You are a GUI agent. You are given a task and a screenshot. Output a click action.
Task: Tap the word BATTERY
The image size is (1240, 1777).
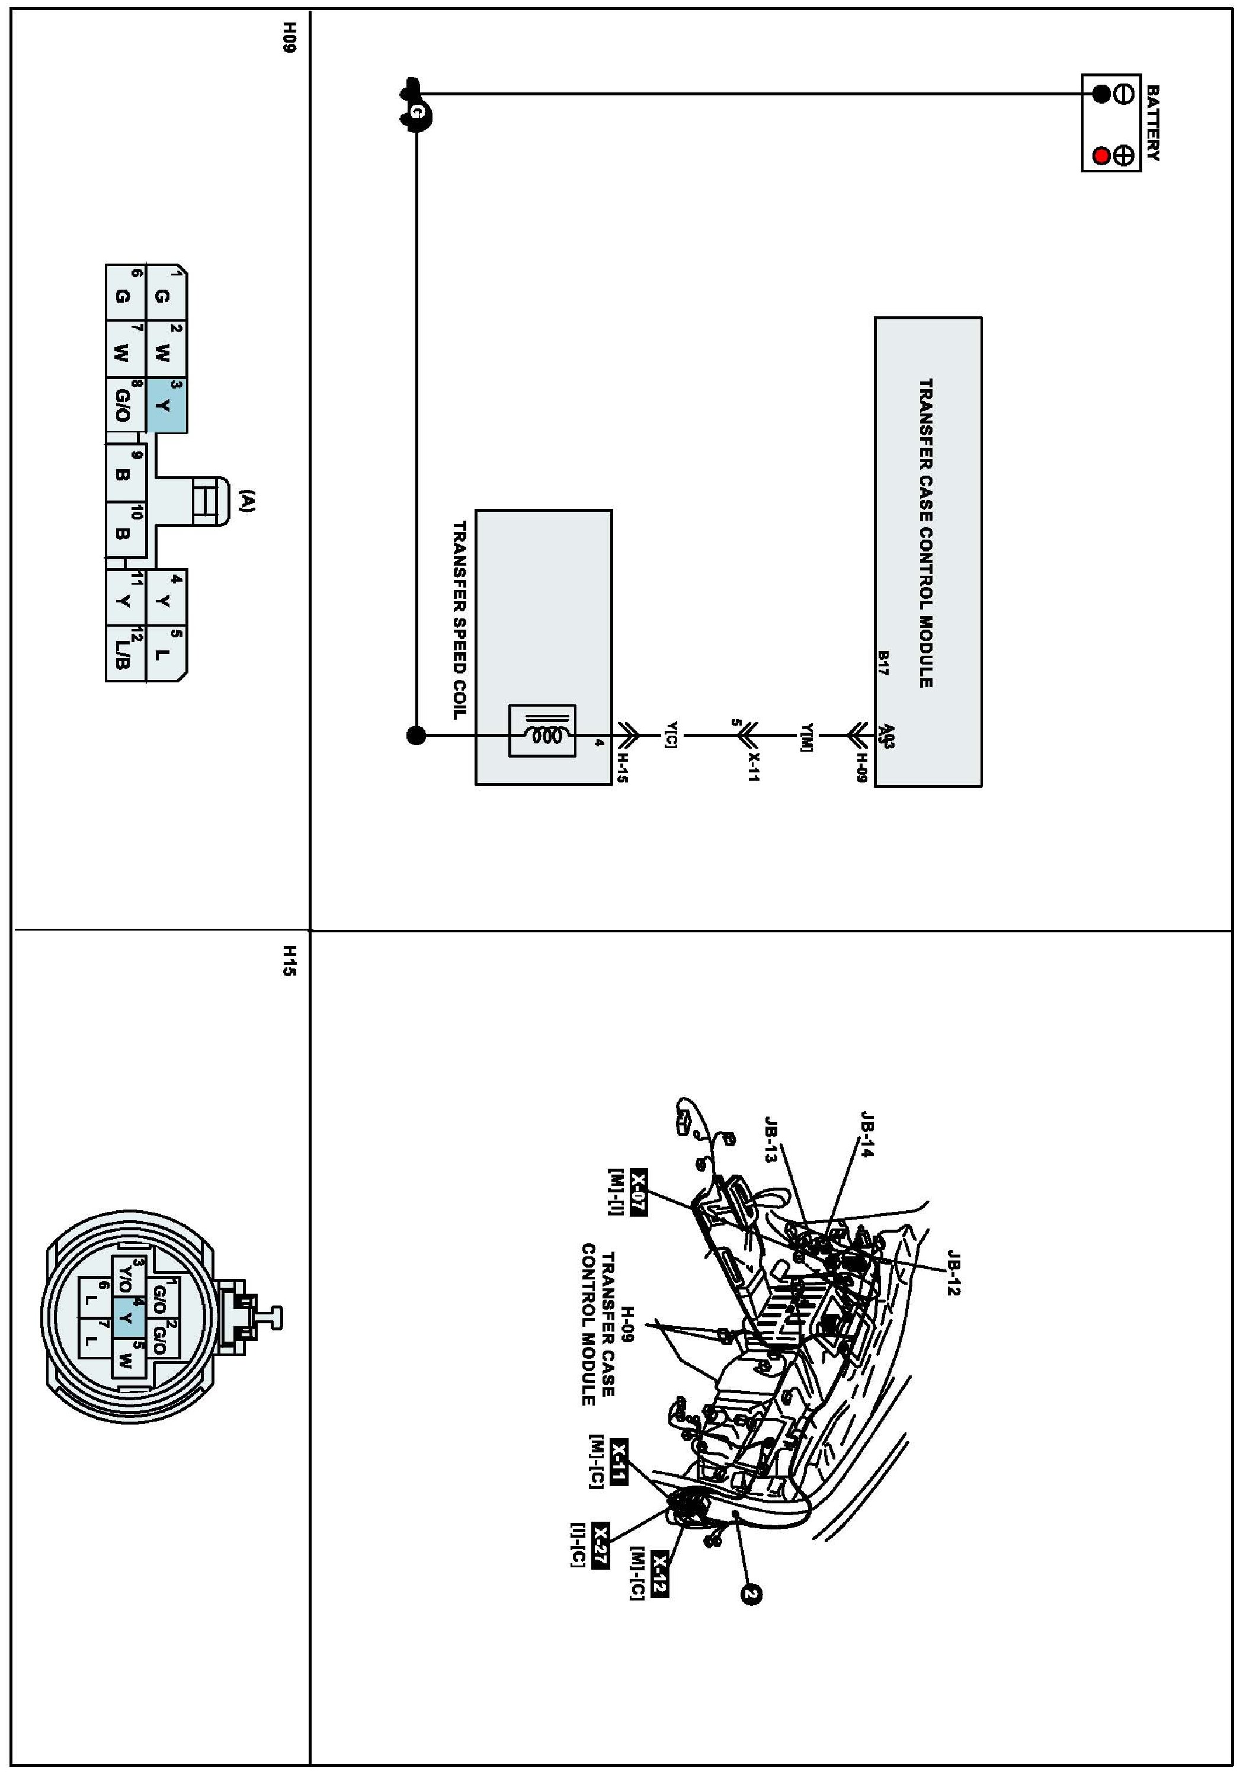[x=1152, y=123]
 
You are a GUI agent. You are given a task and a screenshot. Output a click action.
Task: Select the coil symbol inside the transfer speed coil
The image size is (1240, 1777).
[x=542, y=732]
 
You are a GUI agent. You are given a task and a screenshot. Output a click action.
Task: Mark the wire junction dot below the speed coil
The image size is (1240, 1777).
[x=416, y=735]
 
